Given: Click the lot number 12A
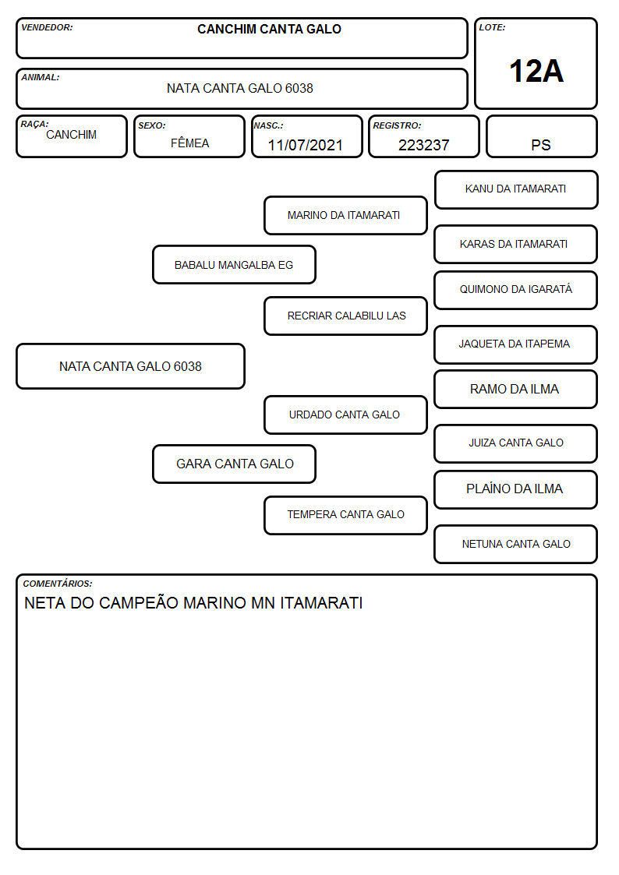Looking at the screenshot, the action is tap(536, 71).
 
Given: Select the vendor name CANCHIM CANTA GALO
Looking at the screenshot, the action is tap(269, 29).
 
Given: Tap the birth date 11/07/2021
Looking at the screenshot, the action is tap(306, 145).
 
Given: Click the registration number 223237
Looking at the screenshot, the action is tap(423, 145).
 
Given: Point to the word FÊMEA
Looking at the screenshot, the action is tap(189, 143).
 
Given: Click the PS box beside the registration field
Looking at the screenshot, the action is tap(541, 136).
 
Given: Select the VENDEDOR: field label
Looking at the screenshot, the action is tap(47, 27).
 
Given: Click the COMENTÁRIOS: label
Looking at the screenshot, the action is tap(58, 584).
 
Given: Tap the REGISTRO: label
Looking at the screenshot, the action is tap(397, 125).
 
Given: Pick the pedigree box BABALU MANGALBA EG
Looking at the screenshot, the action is tap(234, 264).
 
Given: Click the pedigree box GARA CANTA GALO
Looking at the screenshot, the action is tap(234, 464).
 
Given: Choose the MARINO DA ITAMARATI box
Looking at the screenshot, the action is tap(345, 215).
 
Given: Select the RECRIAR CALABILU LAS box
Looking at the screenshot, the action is tap(345, 316).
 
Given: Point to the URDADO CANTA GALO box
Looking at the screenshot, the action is tap(345, 415).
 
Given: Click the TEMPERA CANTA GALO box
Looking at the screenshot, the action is tap(345, 515).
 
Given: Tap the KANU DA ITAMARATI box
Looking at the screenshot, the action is tap(516, 190).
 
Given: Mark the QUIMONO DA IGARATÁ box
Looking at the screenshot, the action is tap(516, 290).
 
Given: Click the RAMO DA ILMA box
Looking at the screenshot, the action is tap(516, 389).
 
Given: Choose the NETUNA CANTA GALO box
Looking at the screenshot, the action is tap(516, 544).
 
